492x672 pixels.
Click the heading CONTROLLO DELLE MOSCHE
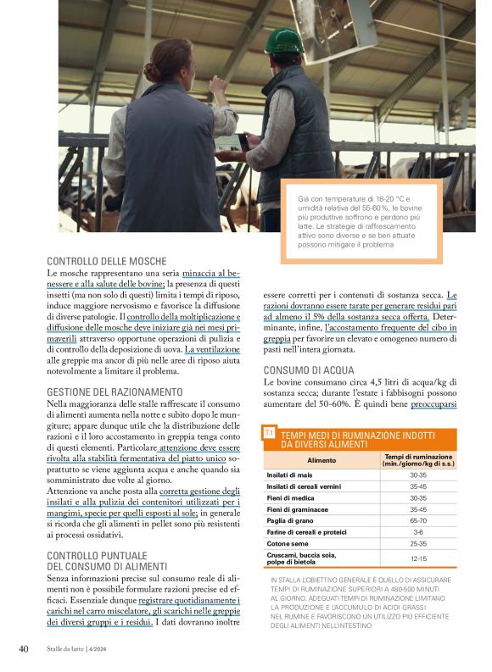(x=106, y=261)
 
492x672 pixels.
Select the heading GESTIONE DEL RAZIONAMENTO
(x=115, y=392)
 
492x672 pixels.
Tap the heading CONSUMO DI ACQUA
(x=308, y=370)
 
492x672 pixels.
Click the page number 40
(x=24, y=649)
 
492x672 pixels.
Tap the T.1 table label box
(x=269, y=433)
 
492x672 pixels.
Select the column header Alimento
(x=321, y=460)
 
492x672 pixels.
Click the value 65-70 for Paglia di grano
(x=417, y=521)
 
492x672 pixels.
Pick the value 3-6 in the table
(x=417, y=532)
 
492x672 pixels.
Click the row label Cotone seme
(x=287, y=543)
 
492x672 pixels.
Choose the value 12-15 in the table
(x=417, y=558)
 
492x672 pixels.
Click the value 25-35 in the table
(x=417, y=543)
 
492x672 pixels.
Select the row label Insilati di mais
(x=291, y=475)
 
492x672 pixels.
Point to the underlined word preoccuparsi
(x=433, y=405)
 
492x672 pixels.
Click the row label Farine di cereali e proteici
(x=305, y=532)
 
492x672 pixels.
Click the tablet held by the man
(x=230, y=142)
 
